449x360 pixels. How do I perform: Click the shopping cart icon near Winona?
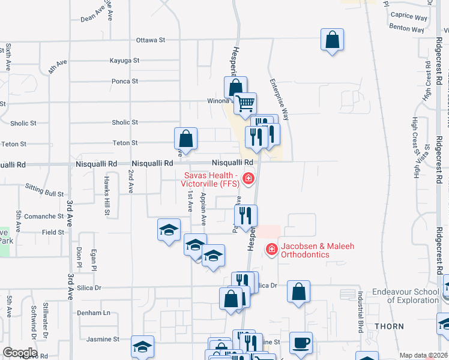[x=245, y=104]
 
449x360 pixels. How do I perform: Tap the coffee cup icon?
[x=301, y=343]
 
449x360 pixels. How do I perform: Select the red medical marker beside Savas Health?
[x=248, y=178]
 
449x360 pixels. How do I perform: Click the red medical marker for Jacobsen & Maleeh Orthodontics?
[x=271, y=248]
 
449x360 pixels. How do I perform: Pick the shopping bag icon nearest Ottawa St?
[x=331, y=40]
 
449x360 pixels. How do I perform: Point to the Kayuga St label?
[x=124, y=61]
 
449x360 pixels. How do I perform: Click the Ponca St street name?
[x=125, y=81]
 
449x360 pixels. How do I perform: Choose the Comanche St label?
[x=44, y=216]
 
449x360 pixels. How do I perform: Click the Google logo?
[x=20, y=353]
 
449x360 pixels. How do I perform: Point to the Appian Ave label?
[x=204, y=209]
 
